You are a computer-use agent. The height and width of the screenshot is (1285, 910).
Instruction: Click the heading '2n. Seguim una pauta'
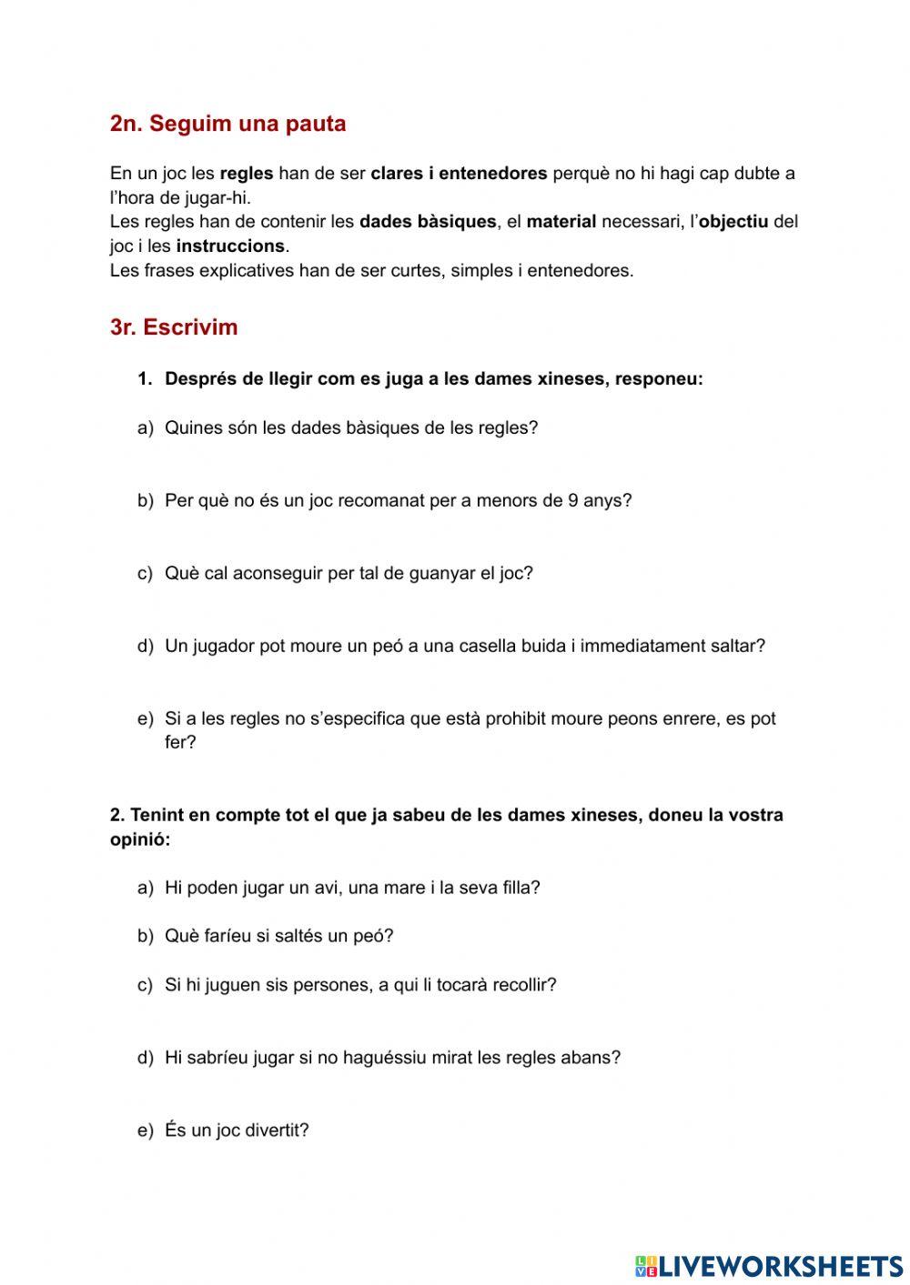tap(227, 124)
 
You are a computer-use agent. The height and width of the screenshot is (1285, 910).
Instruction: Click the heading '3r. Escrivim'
tap(174, 327)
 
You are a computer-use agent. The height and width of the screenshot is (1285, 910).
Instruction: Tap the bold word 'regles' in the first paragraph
tap(247, 174)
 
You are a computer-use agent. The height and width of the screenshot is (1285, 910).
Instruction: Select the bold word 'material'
tap(561, 222)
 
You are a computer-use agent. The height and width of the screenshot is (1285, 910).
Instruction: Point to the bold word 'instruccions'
tap(230, 246)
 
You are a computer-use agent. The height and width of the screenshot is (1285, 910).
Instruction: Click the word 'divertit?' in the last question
tap(277, 1130)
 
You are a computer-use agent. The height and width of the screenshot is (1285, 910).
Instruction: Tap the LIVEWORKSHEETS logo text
tap(781, 1265)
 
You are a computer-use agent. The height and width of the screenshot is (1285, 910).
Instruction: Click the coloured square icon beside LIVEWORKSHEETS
tap(646, 1265)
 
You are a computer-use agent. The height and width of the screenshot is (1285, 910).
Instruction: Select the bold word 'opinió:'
tap(140, 839)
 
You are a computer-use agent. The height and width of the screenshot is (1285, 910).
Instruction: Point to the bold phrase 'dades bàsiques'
tap(428, 222)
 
